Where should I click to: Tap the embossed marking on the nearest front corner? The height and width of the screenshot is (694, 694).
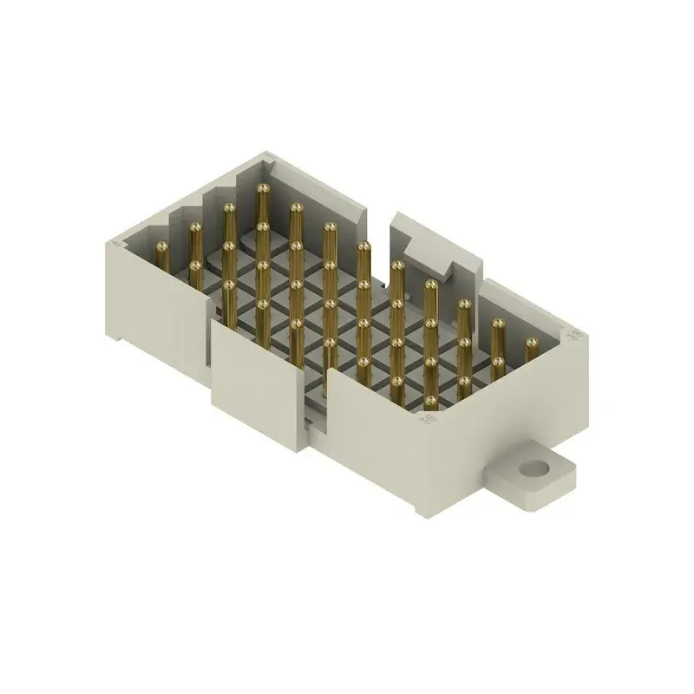point(427,421)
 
